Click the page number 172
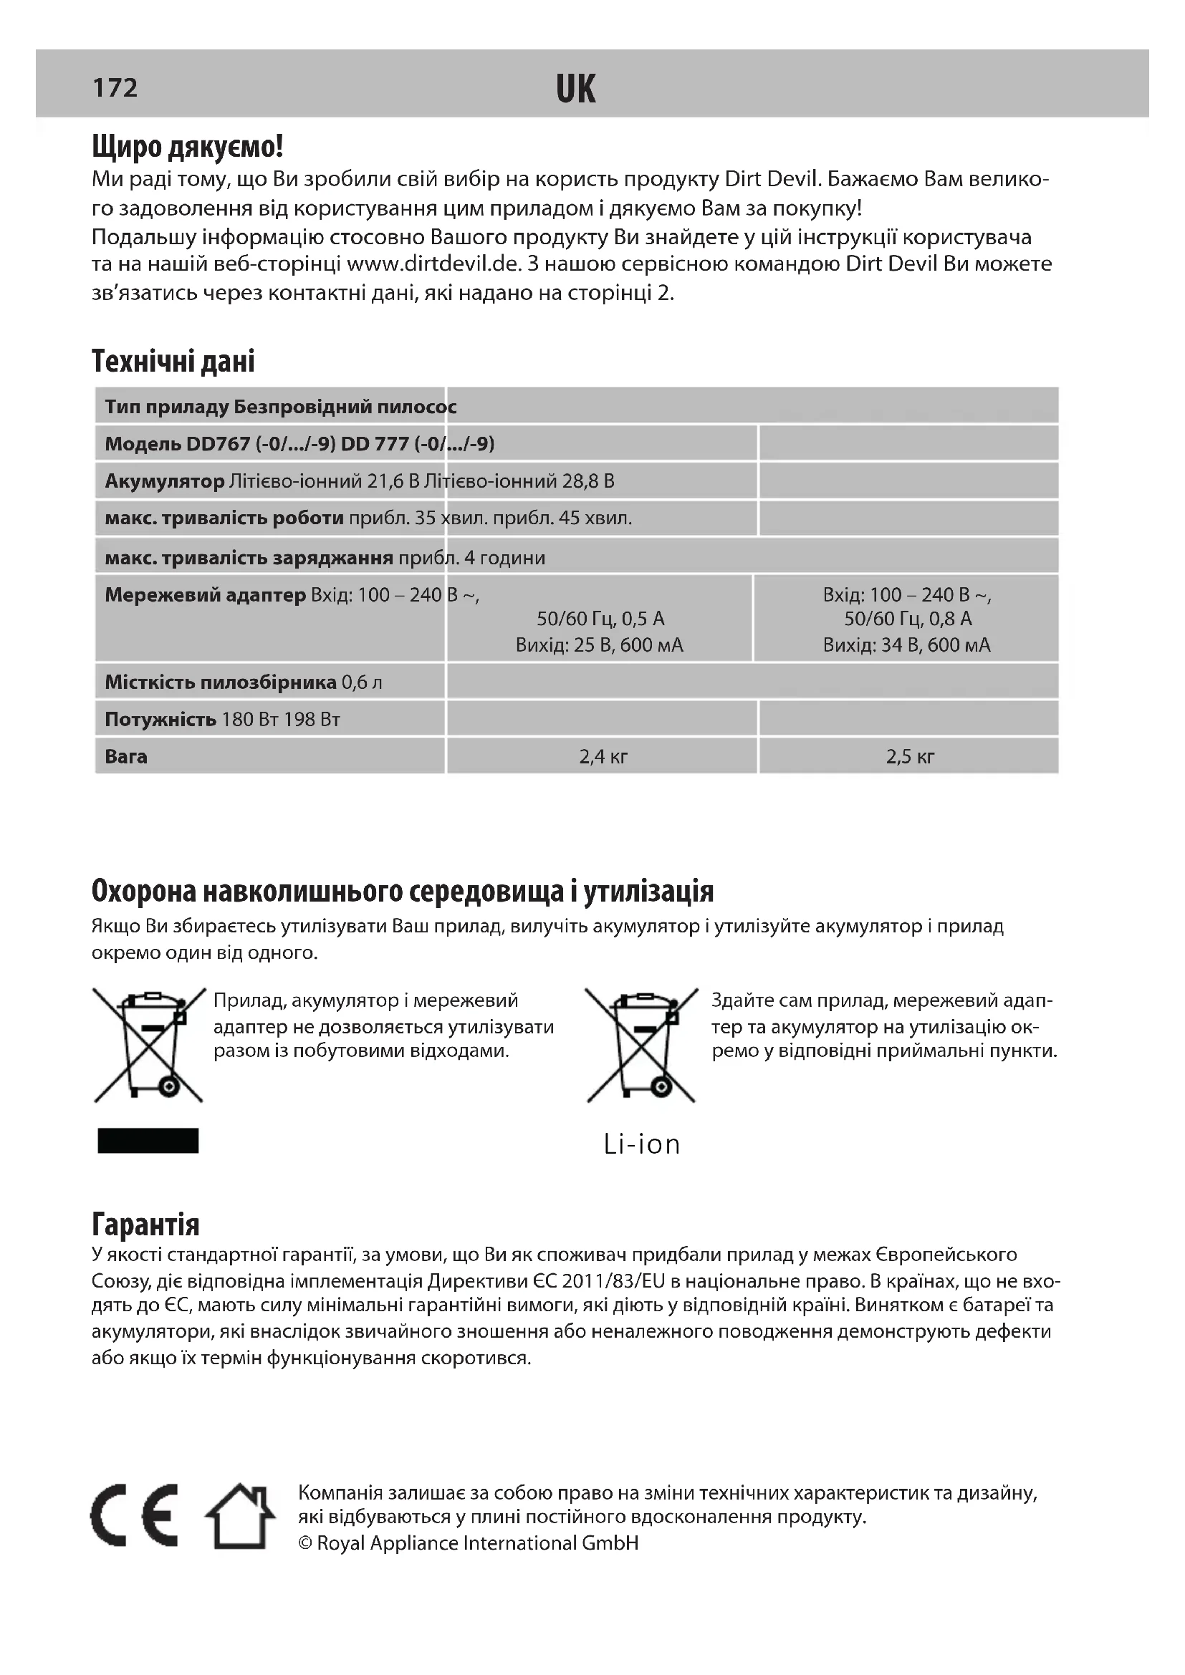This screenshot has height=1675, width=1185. coord(115,87)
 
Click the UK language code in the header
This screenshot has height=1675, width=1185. coord(576,90)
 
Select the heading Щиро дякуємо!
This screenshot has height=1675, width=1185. coord(188,147)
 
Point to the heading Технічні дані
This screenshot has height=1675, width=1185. coord(173,361)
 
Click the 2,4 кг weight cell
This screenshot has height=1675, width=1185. coord(603,756)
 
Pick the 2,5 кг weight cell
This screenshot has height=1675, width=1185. coord(909,756)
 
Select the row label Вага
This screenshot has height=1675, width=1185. coord(126,756)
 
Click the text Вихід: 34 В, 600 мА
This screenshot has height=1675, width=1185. coord(906,645)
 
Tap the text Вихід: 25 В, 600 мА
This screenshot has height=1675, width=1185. coord(599,645)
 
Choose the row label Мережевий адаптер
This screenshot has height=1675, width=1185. coord(205,595)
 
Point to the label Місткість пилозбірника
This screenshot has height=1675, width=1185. coord(221,682)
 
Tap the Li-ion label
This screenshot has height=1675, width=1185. coord(641,1144)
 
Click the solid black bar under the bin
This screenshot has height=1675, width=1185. coord(148,1140)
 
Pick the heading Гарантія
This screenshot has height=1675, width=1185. coord(145,1224)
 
